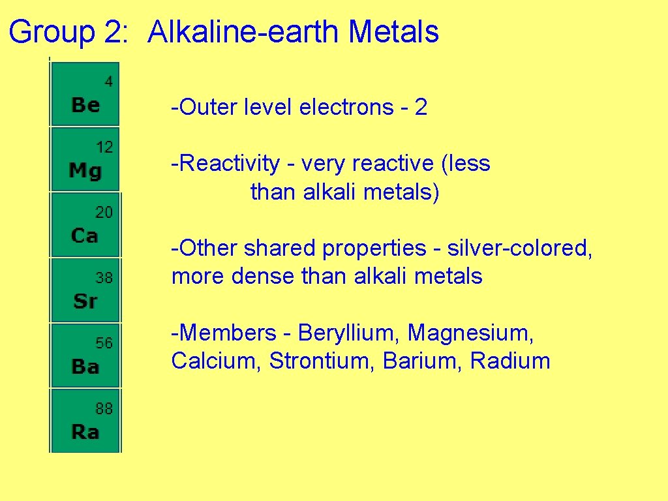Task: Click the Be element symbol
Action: point(85,104)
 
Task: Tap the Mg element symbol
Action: point(85,171)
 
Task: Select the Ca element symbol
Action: point(85,235)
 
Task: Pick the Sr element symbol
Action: point(85,301)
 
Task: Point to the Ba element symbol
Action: point(85,367)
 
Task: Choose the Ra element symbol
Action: point(85,432)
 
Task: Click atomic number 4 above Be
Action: point(108,82)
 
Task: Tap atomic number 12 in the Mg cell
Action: point(104,147)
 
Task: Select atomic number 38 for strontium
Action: point(104,278)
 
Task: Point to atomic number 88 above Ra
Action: point(104,409)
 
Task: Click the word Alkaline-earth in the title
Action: point(243,32)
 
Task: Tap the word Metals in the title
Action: point(393,32)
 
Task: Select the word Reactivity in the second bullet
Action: point(228,163)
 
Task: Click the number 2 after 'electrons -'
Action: point(421,107)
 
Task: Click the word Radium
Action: point(510,361)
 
